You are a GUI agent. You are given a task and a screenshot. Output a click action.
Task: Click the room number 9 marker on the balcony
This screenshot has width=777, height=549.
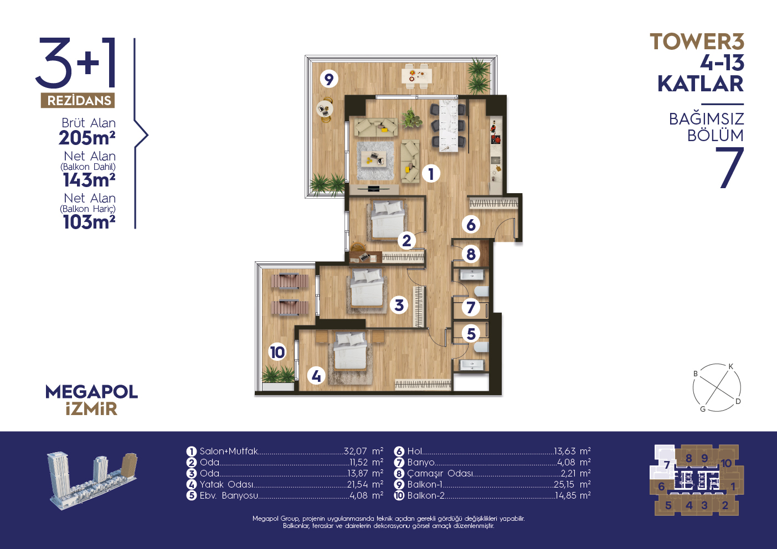(x=328, y=79)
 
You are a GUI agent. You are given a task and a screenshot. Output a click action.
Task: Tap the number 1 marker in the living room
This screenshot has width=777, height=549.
(x=431, y=174)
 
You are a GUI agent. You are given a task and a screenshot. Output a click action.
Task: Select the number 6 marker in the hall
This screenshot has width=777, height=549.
(x=471, y=225)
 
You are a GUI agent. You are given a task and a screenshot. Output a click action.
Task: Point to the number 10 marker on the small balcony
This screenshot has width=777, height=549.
(x=277, y=353)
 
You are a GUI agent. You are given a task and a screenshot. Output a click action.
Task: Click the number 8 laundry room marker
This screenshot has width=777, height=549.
(x=471, y=254)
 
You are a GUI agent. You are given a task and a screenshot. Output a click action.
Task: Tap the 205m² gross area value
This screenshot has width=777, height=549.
(x=87, y=138)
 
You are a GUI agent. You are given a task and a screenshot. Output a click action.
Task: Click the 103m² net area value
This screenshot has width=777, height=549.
(x=89, y=222)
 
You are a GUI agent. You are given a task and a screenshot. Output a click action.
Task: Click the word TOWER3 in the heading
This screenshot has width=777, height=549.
(x=697, y=42)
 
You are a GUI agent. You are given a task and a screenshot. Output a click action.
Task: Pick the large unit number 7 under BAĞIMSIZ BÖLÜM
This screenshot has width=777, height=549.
(x=729, y=168)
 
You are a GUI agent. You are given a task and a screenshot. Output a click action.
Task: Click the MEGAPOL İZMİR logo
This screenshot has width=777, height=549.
(x=91, y=400)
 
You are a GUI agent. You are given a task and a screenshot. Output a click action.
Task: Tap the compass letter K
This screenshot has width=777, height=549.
(x=730, y=367)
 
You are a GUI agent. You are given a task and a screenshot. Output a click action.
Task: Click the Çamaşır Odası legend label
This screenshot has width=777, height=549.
(x=440, y=473)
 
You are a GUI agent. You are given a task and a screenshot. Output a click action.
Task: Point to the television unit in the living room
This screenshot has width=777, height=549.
(x=374, y=189)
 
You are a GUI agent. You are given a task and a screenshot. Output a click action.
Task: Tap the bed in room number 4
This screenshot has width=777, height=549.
(x=351, y=351)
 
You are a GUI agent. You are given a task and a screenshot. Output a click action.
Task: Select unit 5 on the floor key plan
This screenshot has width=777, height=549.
(x=668, y=506)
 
